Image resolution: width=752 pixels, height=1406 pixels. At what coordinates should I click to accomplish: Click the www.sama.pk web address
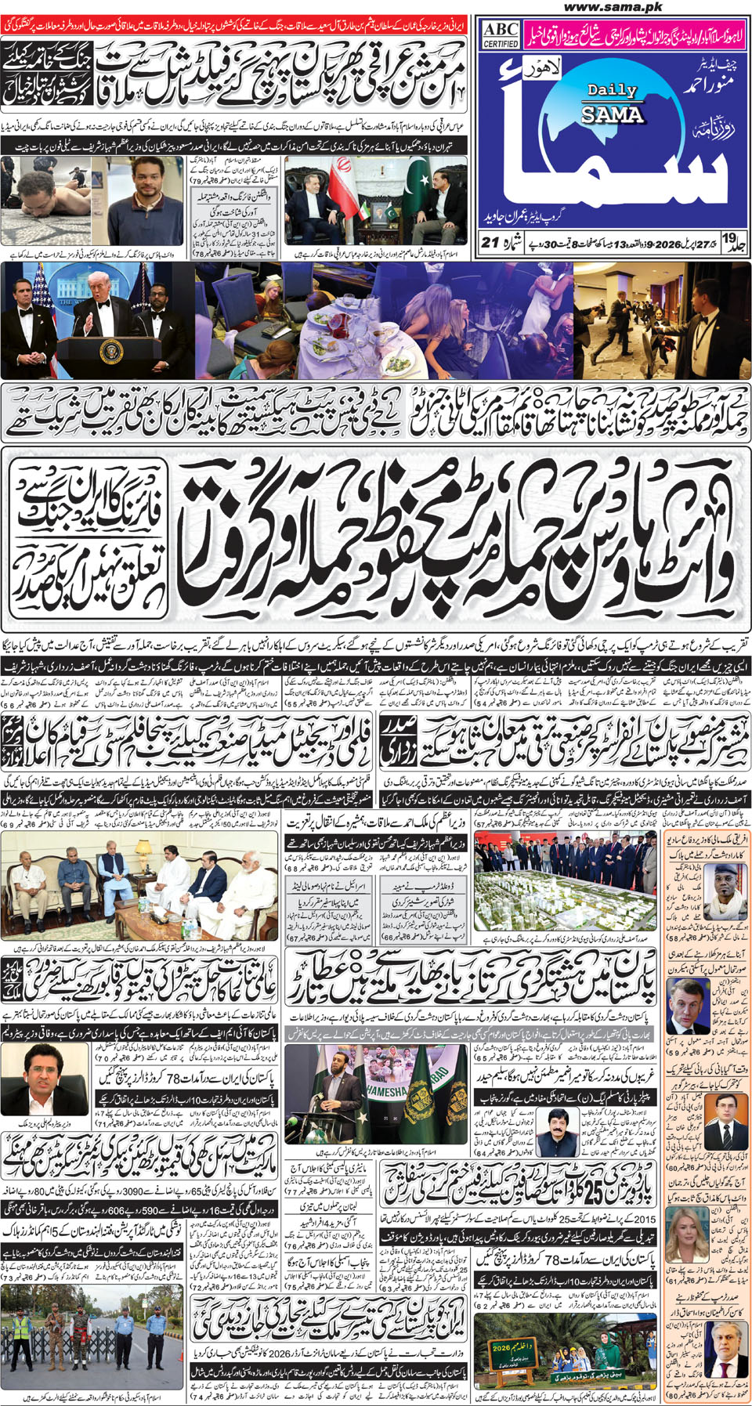click(613, 7)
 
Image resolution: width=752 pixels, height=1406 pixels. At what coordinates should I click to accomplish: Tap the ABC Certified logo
click(501, 34)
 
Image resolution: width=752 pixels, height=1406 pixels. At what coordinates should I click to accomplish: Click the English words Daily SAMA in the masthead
click(612, 103)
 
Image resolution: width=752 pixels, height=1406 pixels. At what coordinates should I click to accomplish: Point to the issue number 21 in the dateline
click(490, 242)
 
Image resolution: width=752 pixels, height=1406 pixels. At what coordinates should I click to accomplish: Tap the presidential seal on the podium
click(112, 349)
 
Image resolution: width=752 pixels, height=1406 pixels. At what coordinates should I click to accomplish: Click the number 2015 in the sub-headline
click(644, 1219)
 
